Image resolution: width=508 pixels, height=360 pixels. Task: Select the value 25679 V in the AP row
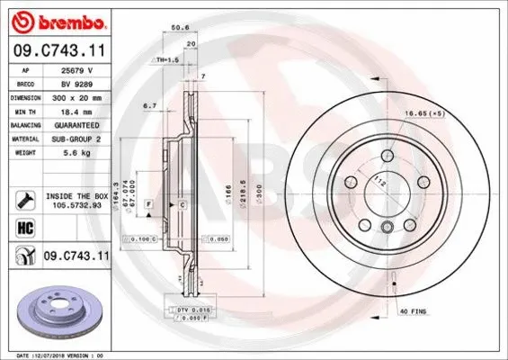84,68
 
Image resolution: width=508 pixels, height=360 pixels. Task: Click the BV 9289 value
84,82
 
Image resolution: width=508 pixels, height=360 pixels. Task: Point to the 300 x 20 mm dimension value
84,96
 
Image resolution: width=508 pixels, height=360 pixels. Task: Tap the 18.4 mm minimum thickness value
84,111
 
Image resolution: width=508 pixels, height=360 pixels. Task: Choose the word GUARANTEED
84,125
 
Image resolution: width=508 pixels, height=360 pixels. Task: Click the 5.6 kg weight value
84,154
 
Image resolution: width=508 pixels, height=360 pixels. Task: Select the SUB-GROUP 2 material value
84,139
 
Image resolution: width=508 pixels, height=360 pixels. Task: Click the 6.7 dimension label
150,105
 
